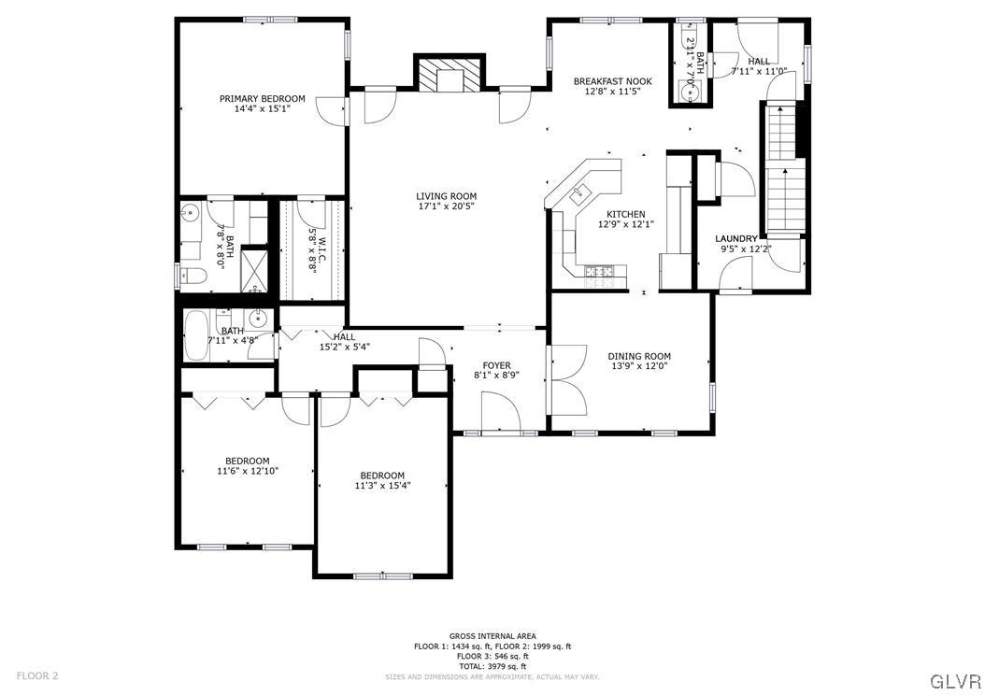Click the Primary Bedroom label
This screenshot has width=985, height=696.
click(x=262, y=99)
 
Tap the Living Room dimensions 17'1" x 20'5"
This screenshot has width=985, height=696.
click(x=446, y=206)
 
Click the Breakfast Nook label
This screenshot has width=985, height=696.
click(x=612, y=81)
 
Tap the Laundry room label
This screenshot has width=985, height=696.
click(x=736, y=239)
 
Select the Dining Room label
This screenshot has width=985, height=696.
click(x=639, y=356)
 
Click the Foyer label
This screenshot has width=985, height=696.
click(x=496, y=365)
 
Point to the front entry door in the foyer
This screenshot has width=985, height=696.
click(x=496, y=411)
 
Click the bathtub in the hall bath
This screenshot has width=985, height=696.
click(x=198, y=336)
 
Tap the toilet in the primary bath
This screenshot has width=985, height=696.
click(x=193, y=275)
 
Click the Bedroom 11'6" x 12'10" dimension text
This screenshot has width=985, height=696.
click(x=247, y=471)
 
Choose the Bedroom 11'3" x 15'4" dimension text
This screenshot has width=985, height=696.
click(x=382, y=486)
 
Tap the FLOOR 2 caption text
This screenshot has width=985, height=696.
click(x=37, y=675)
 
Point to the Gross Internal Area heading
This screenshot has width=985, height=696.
click(x=492, y=636)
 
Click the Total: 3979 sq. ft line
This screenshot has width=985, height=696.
click(x=492, y=666)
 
